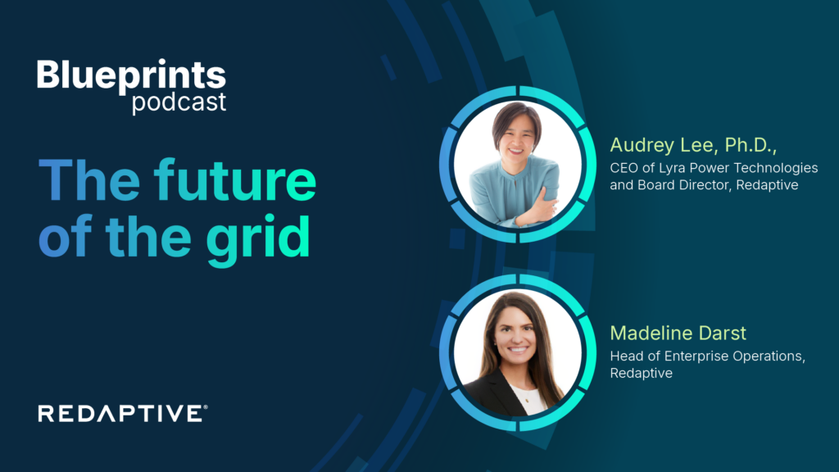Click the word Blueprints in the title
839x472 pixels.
[x=131, y=76]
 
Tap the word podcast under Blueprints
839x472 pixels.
[x=179, y=103]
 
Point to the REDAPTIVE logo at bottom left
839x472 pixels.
[x=120, y=414]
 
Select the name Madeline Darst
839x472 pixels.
[x=678, y=334]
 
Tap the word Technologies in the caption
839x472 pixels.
[x=774, y=167]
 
